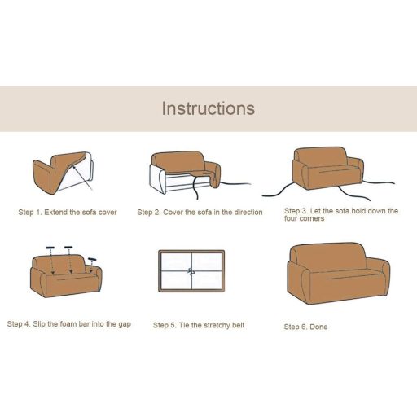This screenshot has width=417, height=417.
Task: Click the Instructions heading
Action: (x=208, y=108)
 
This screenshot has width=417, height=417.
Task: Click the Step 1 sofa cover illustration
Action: (x=63, y=173)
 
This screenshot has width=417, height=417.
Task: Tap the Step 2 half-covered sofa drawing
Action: (x=200, y=173)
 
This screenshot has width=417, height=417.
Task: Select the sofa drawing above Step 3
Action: (x=328, y=173)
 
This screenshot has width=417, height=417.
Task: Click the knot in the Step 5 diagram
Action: (x=191, y=271)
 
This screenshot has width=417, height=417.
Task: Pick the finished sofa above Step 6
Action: (x=338, y=273)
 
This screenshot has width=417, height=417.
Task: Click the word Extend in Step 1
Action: (x=56, y=213)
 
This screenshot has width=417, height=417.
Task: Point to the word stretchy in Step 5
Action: (x=217, y=325)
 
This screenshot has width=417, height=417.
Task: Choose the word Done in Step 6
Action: (x=318, y=327)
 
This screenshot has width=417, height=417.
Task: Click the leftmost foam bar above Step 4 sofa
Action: (x=50, y=248)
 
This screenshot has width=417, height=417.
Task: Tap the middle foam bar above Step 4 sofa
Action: (x=68, y=248)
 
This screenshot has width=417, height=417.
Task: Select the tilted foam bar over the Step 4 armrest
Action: (x=92, y=259)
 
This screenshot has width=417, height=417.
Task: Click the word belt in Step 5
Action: (x=239, y=325)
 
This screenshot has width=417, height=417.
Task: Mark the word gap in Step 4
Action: (x=125, y=324)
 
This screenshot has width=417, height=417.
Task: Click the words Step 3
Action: (x=296, y=211)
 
